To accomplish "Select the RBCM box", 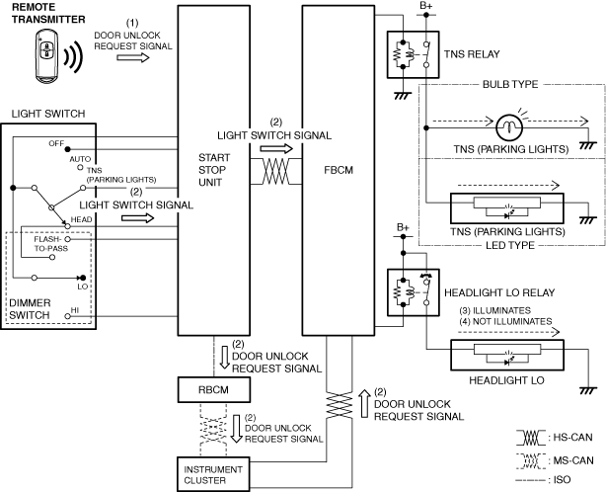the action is [214, 390].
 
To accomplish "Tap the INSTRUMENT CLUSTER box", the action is [213, 474].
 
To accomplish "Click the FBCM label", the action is [339, 170].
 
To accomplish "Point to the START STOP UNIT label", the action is [214, 170].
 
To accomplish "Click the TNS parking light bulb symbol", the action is [509, 127].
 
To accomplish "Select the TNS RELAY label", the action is [472, 54].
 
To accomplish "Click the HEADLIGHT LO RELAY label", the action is [499, 292].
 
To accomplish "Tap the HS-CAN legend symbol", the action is [531, 438].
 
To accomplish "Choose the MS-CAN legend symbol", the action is [531, 460].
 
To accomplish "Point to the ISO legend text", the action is [562, 480].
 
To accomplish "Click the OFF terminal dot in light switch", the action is [68, 149].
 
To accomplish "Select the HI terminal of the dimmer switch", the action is [68, 316].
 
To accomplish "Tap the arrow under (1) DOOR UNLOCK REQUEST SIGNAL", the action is [133, 57].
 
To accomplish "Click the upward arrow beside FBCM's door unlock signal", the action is [364, 403].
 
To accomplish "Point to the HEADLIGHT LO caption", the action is [506, 380].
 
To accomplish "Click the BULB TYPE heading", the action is [510, 84].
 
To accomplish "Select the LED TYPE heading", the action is [510, 245].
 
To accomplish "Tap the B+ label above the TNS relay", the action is [426, 6].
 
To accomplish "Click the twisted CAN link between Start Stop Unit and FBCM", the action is [276, 171].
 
